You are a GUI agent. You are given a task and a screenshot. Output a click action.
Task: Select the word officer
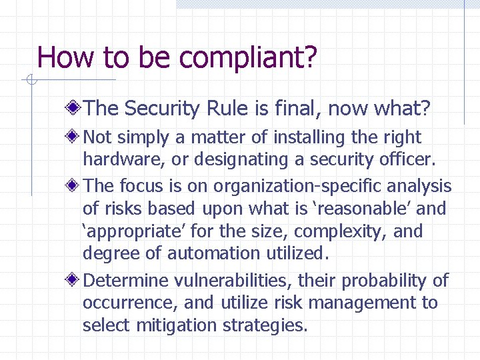(x=408, y=160)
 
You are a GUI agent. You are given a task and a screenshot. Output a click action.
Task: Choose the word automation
(x=213, y=254)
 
